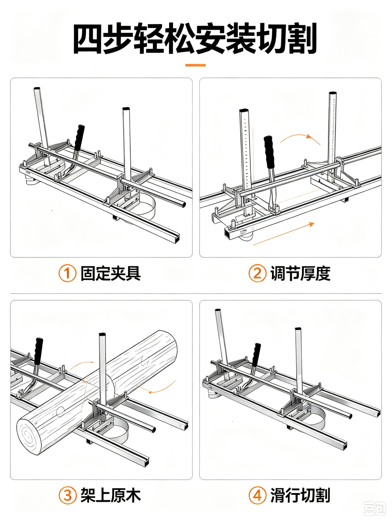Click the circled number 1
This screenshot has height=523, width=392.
click(68, 273)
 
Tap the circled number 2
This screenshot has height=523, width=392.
click(258, 273)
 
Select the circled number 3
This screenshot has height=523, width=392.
click(68, 495)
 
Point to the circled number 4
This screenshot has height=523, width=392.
click(258, 495)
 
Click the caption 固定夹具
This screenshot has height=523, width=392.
click(111, 273)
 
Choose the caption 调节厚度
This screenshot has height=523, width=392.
click(300, 273)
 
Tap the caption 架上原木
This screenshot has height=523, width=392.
click(111, 495)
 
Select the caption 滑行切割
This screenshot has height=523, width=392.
click(300, 495)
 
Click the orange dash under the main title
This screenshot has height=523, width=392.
click(195, 65)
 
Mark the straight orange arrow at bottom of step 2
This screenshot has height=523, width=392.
click(284, 234)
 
